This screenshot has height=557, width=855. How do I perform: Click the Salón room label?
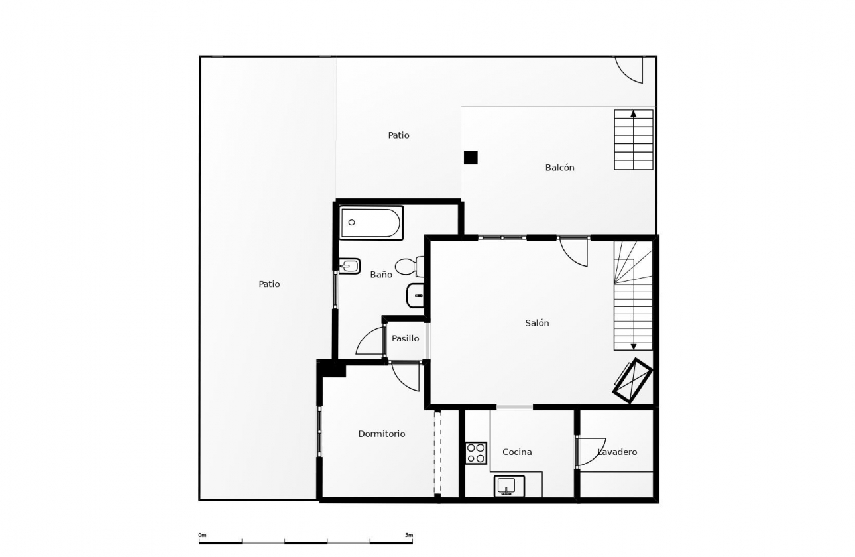(537, 323)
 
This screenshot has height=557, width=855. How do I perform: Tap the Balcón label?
(559, 168)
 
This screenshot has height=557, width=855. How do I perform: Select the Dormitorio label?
(381, 434)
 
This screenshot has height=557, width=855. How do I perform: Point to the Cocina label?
(517, 452)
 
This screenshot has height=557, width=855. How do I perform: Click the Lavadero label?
(617, 452)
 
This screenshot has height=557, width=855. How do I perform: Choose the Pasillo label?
(405, 338)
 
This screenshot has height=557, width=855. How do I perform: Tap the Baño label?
(381, 274)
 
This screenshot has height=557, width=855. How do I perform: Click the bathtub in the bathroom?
(371, 223)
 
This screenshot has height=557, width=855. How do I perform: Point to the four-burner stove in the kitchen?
(476, 453)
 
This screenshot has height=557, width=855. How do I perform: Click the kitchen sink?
(509, 486)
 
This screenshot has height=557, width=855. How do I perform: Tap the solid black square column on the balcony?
(471, 157)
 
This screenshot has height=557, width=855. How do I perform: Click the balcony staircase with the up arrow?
(634, 140)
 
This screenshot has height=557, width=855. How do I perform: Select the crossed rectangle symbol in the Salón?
(633, 380)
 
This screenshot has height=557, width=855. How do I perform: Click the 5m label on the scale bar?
(408, 534)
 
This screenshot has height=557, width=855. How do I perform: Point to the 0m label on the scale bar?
(202, 534)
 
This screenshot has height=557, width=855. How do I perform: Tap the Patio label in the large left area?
(269, 284)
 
